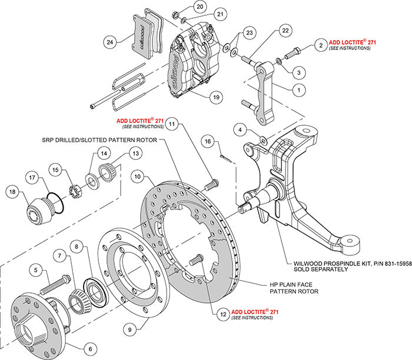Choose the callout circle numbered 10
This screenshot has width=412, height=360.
[x=137, y=176]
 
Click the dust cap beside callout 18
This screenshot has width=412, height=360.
[x=38, y=211]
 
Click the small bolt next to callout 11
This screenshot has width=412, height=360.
[x=211, y=184]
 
